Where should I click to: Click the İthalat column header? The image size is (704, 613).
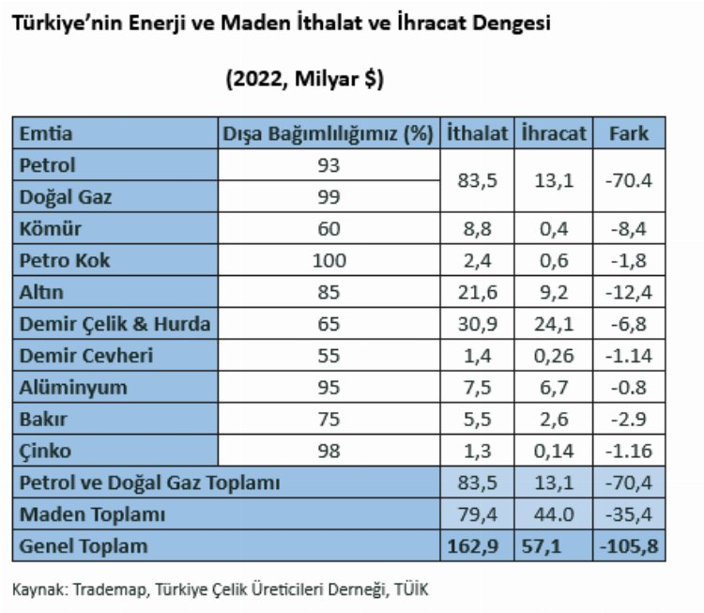[x=477, y=133]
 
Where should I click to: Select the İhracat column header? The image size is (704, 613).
[x=553, y=133]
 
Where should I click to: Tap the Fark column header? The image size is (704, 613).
[x=628, y=133]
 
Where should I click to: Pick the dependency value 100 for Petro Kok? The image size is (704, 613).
[x=329, y=261]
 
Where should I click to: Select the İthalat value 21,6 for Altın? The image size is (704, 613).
[x=477, y=293]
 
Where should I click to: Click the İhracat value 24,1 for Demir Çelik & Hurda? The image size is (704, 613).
[x=553, y=325]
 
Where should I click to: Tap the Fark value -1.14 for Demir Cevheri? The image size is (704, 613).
[x=628, y=357]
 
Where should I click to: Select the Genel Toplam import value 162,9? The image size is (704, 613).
[x=477, y=545]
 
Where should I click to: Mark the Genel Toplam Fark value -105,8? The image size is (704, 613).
[x=628, y=545]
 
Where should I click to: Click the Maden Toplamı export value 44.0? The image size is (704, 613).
[x=553, y=514]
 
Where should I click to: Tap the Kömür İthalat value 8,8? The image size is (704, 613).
[x=477, y=229]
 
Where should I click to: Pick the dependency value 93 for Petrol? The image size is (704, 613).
[x=329, y=165]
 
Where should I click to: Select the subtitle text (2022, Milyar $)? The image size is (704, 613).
[x=303, y=81]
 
